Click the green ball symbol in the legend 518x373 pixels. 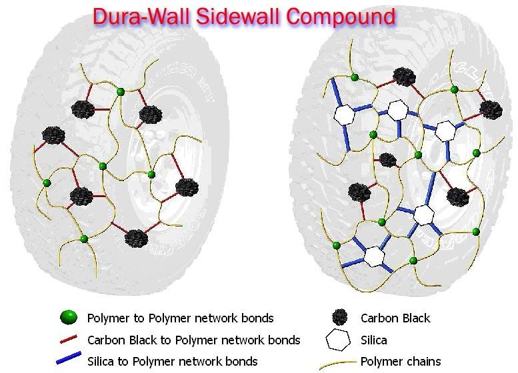click(x=73, y=317)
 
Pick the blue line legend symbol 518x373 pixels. click(x=73, y=361)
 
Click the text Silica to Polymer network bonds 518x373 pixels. click(x=173, y=362)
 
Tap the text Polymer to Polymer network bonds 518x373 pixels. click(x=181, y=318)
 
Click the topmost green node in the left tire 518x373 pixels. click(x=120, y=91)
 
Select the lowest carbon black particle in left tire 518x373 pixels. click(x=135, y=237)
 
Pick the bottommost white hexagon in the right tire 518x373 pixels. click(x=374, y=256)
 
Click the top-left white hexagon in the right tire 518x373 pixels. click(x=344, y=114)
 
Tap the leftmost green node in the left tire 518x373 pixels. click(x=47, y=183)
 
